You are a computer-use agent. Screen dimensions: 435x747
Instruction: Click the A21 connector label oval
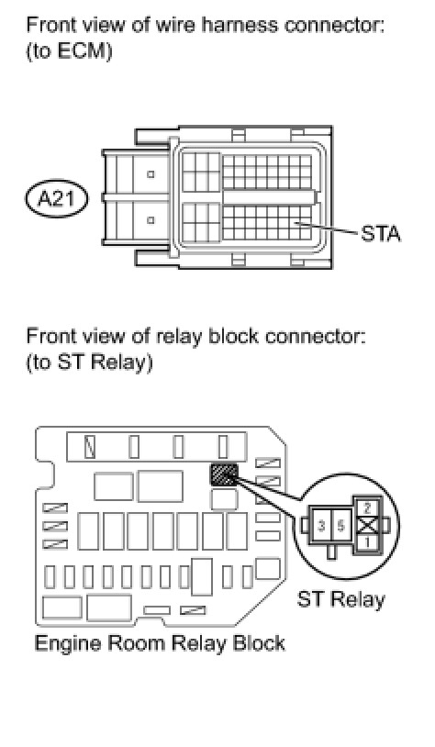tap(56, 198)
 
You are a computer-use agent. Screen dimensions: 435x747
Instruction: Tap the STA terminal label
tap(381, 234)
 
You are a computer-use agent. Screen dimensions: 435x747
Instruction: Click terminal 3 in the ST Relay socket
tap(322, 526)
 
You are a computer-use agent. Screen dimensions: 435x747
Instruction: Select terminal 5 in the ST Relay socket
tap(341, 526)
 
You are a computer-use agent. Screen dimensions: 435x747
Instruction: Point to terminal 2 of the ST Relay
tap(367, 507)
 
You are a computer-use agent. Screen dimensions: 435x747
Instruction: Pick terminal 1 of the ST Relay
tap(367, 542)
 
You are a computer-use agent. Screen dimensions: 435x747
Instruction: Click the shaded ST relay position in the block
tap(223, 474)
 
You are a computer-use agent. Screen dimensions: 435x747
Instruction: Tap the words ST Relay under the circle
tap(340, 599)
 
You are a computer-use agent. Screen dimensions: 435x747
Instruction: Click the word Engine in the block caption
tap(68, 643)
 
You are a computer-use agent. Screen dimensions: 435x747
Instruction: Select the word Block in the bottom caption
tap(259, 642)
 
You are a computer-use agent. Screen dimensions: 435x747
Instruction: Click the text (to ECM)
tap(69, 51)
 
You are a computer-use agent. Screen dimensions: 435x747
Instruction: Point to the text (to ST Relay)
tap(89, 362)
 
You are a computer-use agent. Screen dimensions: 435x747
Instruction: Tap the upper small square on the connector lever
tap(151, 174)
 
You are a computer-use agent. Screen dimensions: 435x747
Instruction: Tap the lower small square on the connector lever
tap(151, 220)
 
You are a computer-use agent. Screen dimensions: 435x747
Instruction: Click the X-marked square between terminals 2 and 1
tap(367, 526)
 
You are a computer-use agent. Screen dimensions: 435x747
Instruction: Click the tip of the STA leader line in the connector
tap(296, 222)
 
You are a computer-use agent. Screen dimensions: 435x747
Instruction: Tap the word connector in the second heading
tap(315, 337)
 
